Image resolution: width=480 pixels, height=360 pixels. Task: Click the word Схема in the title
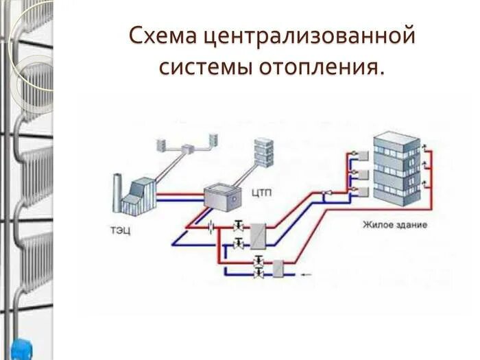click(x=162, y=36)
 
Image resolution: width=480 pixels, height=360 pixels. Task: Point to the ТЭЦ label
click(x=119, y=230)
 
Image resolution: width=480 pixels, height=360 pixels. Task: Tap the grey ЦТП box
click(x=223, y=194)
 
